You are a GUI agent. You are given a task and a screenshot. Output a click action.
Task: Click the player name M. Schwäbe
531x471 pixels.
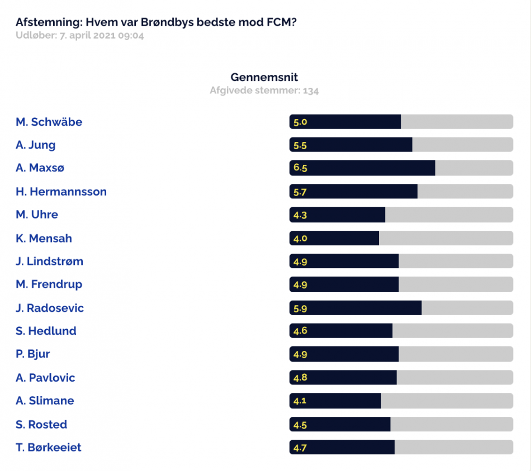coord(49,122)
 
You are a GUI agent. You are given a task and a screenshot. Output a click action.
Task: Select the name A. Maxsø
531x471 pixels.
coord(40,168)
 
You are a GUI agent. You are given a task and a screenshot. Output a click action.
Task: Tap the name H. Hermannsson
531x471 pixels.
coord(61,192)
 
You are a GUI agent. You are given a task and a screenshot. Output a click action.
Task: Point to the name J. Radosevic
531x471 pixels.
coord(49,308)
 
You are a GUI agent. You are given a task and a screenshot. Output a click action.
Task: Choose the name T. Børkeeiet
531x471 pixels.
coord(49,448)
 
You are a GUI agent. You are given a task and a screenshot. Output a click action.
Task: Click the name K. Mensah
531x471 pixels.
coord(44,239)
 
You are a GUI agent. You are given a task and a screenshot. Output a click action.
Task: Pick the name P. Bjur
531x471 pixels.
coord(32,354)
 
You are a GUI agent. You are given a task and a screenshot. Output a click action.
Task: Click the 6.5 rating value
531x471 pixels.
coord(300,168)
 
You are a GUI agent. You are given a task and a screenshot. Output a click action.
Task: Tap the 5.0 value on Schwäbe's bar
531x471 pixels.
coord(300,122)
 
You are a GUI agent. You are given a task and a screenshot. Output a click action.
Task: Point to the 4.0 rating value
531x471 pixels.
coord(300,239)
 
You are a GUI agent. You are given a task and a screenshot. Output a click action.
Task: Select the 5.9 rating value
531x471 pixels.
coord(300,308)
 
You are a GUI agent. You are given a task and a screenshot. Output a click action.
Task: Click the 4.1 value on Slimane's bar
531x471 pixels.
coord(300,401)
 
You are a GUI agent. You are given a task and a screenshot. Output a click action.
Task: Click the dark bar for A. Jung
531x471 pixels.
coord(351,145)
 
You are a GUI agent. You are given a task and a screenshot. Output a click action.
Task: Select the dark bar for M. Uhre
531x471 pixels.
coord(337,215)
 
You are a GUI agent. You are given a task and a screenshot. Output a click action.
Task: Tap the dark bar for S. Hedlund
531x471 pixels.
coord(341,330)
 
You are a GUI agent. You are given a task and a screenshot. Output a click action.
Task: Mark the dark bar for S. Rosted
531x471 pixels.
coord(340,424)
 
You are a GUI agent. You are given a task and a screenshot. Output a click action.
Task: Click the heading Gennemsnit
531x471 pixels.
coord(264,78)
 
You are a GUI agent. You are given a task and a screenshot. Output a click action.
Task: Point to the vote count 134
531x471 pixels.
coord(311,91)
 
